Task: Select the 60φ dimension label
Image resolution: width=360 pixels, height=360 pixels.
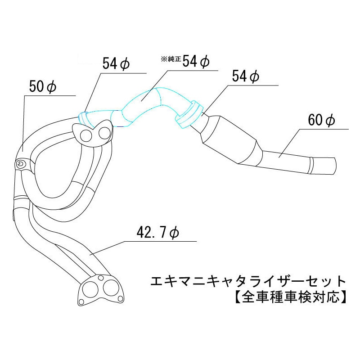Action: (x=322, y=120)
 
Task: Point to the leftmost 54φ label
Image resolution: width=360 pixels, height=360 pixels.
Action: (x=116, y=64)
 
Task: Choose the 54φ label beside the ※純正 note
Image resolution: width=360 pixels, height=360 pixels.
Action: (x=197, y=61)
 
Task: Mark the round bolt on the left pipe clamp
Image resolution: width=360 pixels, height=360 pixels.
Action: (x=20, y=165)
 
